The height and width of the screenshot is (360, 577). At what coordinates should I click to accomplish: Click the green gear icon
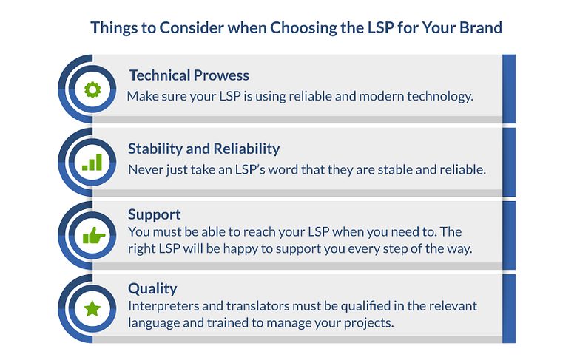(92, 89)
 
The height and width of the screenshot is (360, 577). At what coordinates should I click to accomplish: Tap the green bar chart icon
(92, 162)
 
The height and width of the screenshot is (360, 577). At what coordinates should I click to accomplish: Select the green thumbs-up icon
(94, 235)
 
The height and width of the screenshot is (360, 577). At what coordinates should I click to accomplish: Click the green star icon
(92, 308)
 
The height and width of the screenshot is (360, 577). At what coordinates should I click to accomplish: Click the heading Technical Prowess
(189, 75)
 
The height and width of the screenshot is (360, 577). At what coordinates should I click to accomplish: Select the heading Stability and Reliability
(204, 149)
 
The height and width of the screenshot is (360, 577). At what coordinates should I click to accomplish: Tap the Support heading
(154, 215)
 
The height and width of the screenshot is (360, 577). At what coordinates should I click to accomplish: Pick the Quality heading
(152, 288)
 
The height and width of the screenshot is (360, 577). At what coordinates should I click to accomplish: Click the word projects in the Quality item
(368, 323)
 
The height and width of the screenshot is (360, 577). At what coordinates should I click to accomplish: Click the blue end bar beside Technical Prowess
(509, 89)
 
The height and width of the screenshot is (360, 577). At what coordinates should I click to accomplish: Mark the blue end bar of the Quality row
(509, 308)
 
